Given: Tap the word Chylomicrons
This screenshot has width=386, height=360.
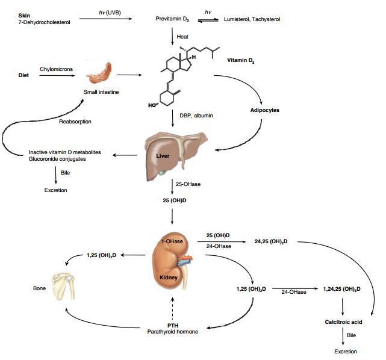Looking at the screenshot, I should tap(56, 69).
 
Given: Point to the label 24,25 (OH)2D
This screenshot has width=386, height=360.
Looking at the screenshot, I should tap(270, 241).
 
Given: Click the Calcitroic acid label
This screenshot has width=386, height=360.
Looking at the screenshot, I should tap(342, 323).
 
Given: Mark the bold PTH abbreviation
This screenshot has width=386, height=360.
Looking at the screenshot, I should tap(173, 325).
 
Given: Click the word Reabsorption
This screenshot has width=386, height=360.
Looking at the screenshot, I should tap(75, 122).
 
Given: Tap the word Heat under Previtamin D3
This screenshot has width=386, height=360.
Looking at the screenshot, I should tap(182, 37).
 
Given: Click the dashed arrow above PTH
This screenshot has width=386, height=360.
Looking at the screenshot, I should tap(173, 308).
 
